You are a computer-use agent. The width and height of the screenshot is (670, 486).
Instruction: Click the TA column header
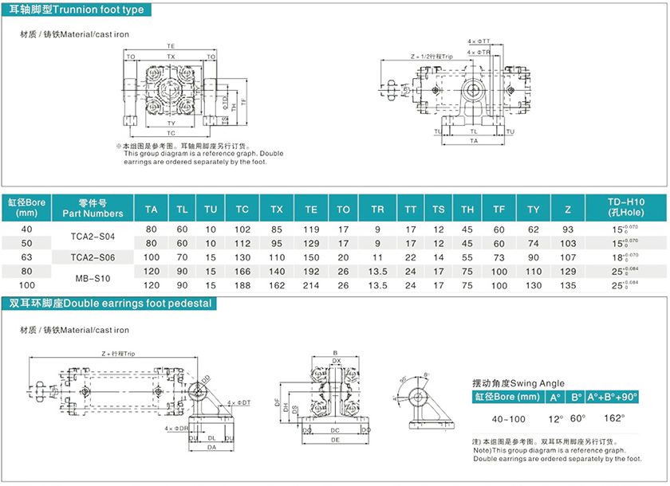click(151, 209)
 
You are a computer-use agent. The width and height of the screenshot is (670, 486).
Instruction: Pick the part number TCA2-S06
click(93, 257)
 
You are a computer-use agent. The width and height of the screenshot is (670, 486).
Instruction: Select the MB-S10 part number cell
click(93, 278)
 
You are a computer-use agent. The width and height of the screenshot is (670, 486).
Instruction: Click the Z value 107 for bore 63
click(568, 257)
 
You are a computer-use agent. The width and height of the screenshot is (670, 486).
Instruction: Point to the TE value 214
click(311, 284)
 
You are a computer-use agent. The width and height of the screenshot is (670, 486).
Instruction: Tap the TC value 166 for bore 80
click(242, 271)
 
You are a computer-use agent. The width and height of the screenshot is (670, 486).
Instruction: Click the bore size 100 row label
click(27, 284)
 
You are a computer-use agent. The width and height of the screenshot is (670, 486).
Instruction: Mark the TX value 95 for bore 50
click(277, 242)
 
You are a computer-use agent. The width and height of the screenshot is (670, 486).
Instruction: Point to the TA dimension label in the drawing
click(474, 140)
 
